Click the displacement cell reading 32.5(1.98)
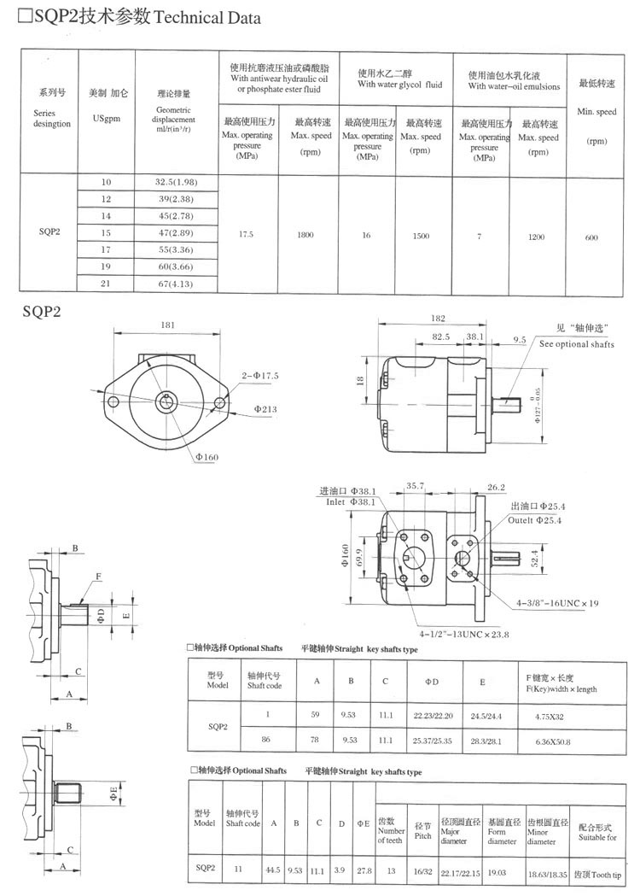pos(176,183)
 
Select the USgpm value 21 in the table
pos(107,283)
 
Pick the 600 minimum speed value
pos(591,237)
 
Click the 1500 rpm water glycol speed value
pos(420,236)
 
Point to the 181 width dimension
pos(167,325)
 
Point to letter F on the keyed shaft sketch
pos(99,577)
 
